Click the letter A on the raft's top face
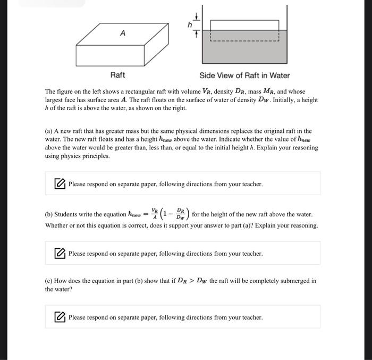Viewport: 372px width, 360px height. point(123,33)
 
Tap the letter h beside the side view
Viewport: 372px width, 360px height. point(188,24)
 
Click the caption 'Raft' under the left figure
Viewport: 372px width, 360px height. point(117,75)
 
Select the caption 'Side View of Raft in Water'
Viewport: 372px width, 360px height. point(244,75)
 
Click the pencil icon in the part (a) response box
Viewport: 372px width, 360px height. point(60,184)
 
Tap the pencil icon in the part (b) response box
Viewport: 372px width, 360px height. point(60,254)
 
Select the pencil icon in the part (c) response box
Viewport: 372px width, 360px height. point(60,317)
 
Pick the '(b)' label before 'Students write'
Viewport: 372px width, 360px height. point(49,215)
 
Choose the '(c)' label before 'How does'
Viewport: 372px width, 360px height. point(49,281)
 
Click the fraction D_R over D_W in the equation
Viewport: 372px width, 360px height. point(180,215)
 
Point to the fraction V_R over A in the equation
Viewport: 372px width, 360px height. point(154,215)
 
